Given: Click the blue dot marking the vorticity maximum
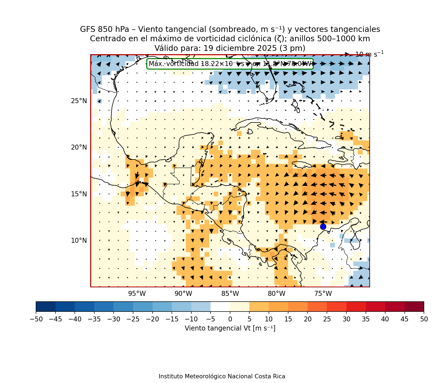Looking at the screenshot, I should [323, 227].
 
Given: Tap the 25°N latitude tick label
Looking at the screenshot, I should [79, 101].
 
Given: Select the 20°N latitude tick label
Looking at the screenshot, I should [79, 147].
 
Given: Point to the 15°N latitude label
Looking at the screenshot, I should [79, 194].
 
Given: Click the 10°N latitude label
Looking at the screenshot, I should [79, 241].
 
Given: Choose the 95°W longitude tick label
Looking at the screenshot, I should [137, 294].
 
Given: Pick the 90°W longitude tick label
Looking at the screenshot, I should [183, 294].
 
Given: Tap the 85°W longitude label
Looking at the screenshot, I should [230, 294].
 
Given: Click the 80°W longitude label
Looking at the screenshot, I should [277, 294].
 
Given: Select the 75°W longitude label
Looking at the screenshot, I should [323, 294].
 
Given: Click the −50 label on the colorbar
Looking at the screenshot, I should [36, 319].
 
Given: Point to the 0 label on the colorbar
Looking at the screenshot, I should [230, 319].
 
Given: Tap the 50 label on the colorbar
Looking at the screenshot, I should [424, 319].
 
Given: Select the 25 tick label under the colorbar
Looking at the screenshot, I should [327, 319].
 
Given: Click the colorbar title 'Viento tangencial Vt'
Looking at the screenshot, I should [230, 328].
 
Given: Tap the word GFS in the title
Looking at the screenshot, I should [87, 29].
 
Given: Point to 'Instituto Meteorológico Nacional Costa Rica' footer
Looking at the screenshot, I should [222, 376].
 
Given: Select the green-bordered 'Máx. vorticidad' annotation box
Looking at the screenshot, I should [230, 64].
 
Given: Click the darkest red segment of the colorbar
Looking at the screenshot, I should [414, 306].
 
